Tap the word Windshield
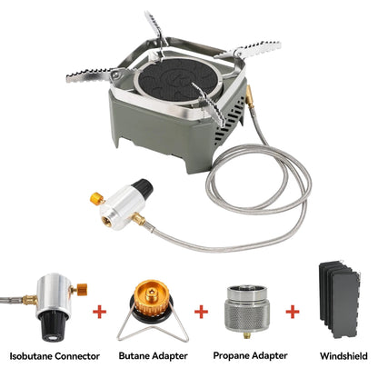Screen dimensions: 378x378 coord(343,356)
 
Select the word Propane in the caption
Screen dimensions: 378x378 coord(231,355)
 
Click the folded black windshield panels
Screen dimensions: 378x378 coord(339,299)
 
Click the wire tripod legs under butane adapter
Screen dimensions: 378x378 coord(153,329)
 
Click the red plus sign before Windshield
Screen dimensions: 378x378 coord(293,312)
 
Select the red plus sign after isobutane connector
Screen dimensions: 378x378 coord(99,312)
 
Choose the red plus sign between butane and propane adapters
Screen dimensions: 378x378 coord(201,312)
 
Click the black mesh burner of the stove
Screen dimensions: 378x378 coord(176,81)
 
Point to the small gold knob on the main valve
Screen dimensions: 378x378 coord(97,199)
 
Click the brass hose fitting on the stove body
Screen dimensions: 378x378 coord(250,96)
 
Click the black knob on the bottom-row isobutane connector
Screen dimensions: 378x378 coord(54,326)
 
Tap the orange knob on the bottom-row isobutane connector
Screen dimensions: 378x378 coord(82,289)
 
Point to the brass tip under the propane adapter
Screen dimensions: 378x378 coord(246,335)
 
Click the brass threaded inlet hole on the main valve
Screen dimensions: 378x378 coord(107,220)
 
